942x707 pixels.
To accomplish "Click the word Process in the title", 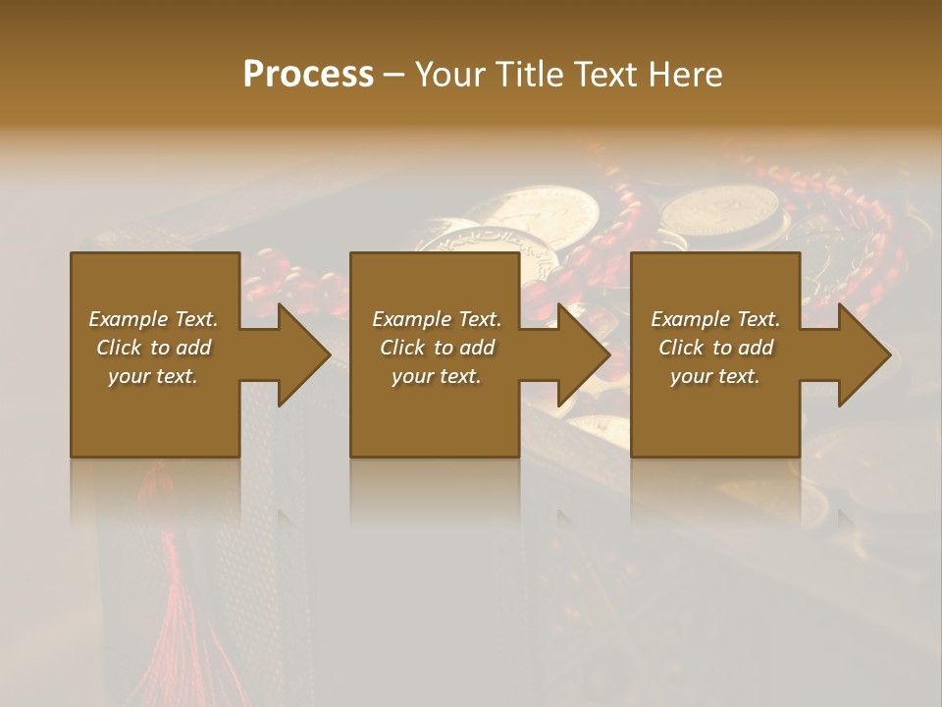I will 308,75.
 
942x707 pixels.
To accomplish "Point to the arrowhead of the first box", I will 303,354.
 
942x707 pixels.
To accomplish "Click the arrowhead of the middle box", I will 584,354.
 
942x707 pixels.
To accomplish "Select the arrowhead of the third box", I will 863,354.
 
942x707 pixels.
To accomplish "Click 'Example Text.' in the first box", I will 153,319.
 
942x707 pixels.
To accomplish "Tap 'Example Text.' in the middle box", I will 437,319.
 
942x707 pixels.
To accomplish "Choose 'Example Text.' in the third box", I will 715,319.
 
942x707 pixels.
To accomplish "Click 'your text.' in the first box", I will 153,376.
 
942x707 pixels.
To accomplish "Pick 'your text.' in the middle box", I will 437,376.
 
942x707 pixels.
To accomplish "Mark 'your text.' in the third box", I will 715,376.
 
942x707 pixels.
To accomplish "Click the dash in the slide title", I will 394,75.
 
